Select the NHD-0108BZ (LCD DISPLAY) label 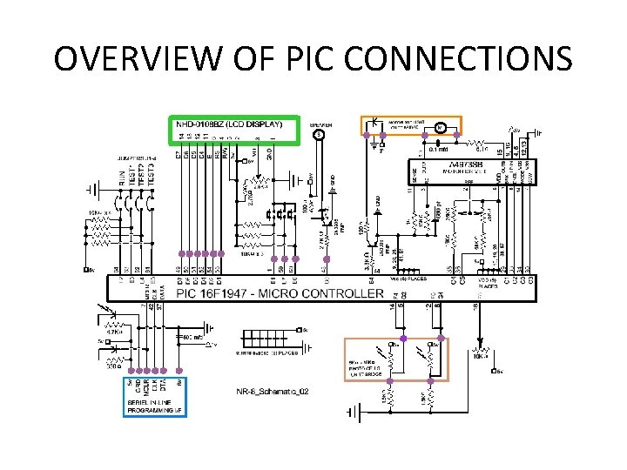tap(229, 124)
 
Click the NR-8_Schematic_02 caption tap(272, 392)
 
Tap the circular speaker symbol tap(320, 135)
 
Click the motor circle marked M tap(440, 129)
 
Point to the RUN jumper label tap(120, 178)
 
